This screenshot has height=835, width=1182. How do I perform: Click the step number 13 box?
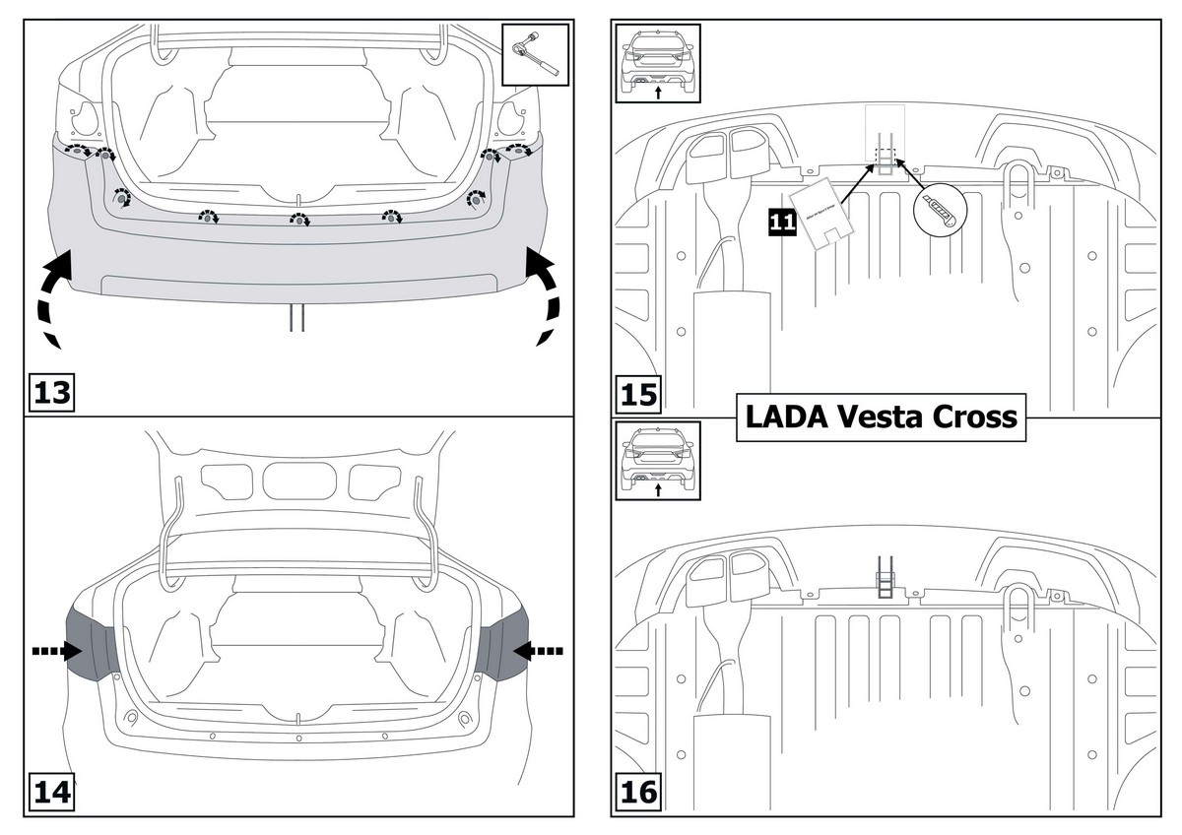pos(51,393)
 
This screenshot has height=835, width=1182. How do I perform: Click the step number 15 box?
pos(638,394)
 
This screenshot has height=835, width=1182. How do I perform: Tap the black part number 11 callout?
pos(782,222)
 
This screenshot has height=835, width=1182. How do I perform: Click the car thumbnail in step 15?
pos(657,62)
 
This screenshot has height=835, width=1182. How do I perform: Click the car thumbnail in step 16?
pos(657,458)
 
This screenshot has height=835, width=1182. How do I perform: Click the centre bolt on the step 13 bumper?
pos(296,220)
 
